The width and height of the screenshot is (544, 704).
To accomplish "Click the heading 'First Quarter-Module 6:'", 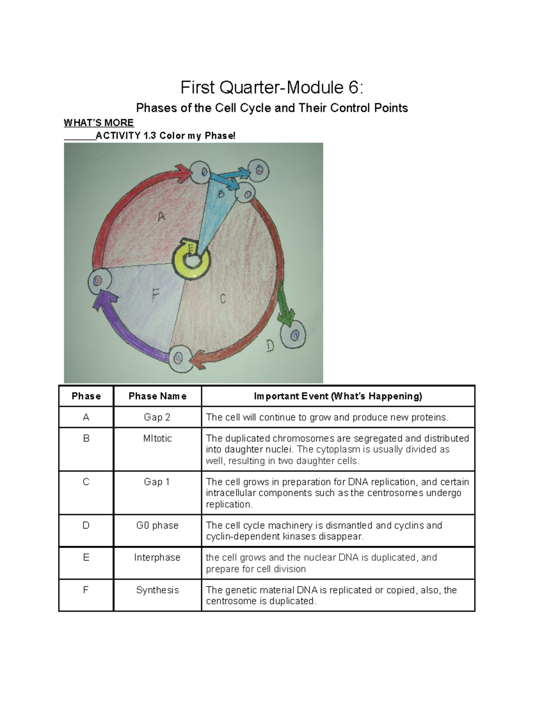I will [272, 87].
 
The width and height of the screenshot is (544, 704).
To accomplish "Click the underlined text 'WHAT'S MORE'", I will [98, 123].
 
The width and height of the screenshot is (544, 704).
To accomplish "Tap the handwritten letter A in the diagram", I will [161, 217].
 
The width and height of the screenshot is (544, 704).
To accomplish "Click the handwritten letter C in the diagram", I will [223, 299].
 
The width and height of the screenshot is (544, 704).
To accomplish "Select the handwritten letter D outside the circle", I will [270, 347].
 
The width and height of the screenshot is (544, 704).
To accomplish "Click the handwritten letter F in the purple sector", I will [155, 295].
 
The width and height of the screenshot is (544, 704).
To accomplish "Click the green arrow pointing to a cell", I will [285, 304].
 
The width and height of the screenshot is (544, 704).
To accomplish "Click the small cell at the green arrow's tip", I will [294, 335].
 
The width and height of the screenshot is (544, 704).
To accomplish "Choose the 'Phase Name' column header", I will [157, 396].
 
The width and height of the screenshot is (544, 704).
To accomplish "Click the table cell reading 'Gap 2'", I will [157, 417].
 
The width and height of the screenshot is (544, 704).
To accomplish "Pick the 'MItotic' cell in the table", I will [157, 438].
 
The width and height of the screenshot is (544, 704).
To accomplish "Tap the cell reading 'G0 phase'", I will [157, 525].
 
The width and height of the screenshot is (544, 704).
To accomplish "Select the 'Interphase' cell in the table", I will [157, 558].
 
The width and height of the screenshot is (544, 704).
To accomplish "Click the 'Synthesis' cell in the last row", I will [157, 590].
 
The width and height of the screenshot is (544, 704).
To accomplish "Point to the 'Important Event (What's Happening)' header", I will [338, 396].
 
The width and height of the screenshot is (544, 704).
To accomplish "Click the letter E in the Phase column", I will [86, 558].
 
